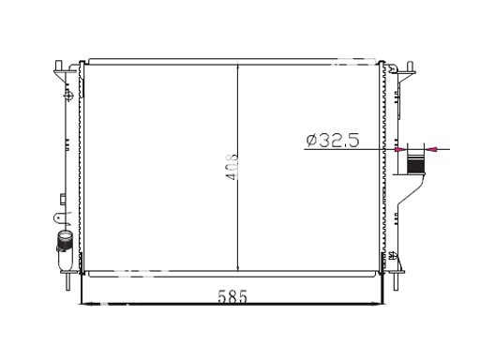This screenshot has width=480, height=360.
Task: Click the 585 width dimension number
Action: tap(232, 296)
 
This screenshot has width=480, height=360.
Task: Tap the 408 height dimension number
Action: tap(232, 167)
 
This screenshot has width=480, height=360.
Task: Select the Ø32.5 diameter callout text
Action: tap(333, 140)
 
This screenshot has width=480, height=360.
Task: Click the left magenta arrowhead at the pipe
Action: tap(401, 150)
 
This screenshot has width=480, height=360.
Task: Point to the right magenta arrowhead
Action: tap(430, 150)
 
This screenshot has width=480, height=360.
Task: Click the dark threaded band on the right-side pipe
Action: tap(415, 165)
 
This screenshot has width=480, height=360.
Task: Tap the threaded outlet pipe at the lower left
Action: tap(65, 241)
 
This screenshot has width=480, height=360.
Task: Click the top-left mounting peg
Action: tap(58, 66)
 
